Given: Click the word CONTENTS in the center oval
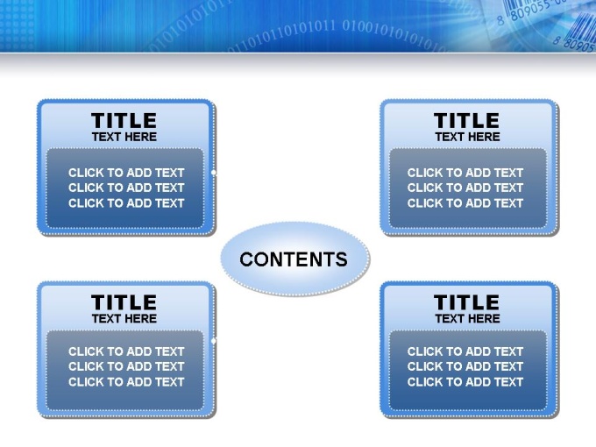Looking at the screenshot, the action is (x=294, y=259).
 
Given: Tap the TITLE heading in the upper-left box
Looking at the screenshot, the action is (x=124, y=120).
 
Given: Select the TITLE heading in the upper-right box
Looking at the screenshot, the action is (x=467, y=120).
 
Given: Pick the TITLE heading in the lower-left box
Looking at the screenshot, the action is (x=124, y=302).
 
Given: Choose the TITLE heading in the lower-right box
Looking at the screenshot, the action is (x=467, y=302).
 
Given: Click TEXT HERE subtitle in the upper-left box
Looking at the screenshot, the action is (x=124, y=137).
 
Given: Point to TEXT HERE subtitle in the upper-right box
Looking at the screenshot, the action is (x=467, y=137).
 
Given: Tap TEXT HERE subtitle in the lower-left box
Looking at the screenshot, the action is (x=124, y=318).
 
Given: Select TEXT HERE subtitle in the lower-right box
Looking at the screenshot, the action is (x=467, y=318).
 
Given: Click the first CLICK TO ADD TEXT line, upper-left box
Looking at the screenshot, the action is (x=126, y=173).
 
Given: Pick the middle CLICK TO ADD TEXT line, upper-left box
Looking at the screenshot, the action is (x=126, y=188).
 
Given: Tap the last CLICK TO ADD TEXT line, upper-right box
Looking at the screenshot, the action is (x=465, y=203).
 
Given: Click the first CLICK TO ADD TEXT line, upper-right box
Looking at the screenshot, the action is (x=465, y=173).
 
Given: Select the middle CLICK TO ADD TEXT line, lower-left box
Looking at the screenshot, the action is (x=126, y=366).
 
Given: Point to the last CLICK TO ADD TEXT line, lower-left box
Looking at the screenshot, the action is (x=126, y=382).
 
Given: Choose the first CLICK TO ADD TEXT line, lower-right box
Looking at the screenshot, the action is (x=465, y=351).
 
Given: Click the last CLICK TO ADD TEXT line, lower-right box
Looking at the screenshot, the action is (x=465, y=382).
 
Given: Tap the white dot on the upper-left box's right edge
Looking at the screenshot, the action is (x=214, y=173).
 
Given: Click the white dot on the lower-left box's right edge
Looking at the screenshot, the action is (x=214, y=341).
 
